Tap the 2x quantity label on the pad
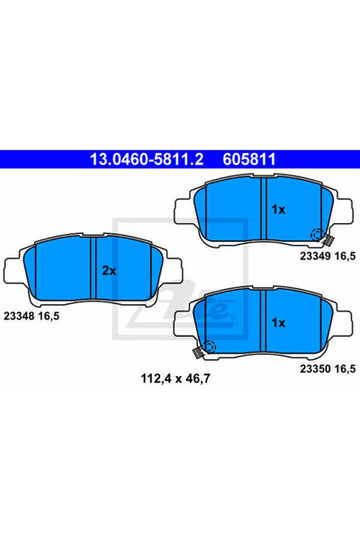click(109, 270)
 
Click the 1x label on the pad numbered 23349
click(278, 209)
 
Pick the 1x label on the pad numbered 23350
click(278, 321)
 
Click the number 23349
click(313, 256)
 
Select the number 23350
click(313, 368)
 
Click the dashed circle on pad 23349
click(317, 236)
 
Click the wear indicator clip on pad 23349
click(330, 240)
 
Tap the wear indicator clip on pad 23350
click(197, 352)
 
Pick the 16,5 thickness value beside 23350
click(346, 368)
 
